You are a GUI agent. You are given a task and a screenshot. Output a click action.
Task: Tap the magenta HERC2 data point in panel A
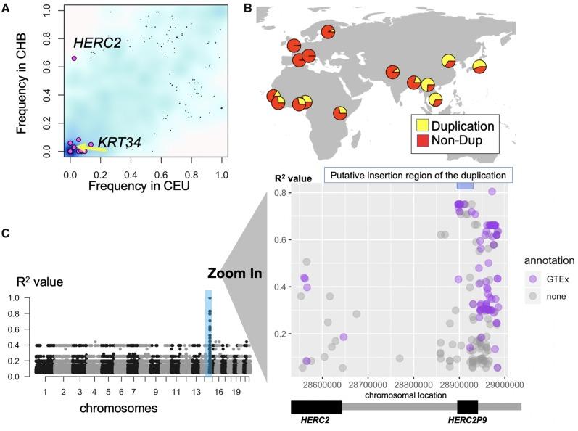coord(74,58)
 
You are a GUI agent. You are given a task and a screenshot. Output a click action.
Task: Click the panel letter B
coord(248,8)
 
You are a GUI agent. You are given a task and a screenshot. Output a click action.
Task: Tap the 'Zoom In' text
coord(234,274)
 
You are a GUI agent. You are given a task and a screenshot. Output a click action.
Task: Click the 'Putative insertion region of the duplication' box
coord(418,175)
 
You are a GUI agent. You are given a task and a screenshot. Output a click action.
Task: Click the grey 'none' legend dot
coord(533,296)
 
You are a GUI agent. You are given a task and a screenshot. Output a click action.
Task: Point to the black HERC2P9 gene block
coord(468,407)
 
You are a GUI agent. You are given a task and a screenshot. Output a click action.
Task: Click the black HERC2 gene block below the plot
coord(316,407)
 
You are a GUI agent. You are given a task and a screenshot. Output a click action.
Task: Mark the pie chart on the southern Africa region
coord(340,113)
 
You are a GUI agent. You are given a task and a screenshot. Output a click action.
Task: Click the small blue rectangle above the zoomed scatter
coord(465,186)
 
